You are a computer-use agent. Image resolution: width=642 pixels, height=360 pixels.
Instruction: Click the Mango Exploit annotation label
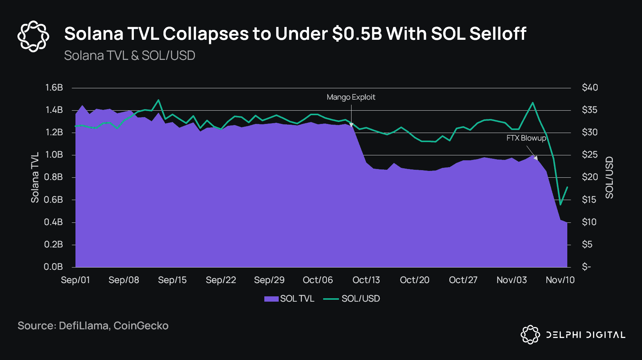(351, 97)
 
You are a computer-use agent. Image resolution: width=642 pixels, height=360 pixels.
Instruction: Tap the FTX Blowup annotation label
(526, 138)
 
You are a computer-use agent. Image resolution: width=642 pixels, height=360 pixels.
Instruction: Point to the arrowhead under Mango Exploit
(351, 125)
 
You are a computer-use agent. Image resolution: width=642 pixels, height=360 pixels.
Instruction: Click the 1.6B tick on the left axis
(54, 88)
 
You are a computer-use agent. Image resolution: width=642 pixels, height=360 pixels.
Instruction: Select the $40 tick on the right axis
(590, 88)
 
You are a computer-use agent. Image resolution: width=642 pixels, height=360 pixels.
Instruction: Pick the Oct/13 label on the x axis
(366, 280)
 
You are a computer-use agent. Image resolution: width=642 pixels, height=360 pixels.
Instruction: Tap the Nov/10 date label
(560, 280)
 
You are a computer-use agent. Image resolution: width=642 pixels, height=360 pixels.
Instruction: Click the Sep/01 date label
(75, 280)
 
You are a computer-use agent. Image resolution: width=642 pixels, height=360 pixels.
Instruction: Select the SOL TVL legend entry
(290, 299)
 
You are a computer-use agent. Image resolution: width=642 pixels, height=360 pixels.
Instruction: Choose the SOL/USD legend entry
(352, 299)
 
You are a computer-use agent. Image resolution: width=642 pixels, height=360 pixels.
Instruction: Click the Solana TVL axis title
(35, 177)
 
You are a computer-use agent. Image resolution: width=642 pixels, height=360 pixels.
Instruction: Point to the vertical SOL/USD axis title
(609, 177)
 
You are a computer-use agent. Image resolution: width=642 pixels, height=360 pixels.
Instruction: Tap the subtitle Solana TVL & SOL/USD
(129, 56)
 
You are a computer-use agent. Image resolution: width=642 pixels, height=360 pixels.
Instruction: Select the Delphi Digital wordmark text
(585, 335)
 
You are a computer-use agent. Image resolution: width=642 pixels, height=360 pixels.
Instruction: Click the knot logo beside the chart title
(33, 36)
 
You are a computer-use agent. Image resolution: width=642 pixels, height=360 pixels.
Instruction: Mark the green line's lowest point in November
(560, 205)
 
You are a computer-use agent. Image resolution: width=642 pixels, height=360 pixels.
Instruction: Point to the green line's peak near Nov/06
(533, 102)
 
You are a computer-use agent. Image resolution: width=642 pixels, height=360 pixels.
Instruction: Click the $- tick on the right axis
(586, 267)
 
